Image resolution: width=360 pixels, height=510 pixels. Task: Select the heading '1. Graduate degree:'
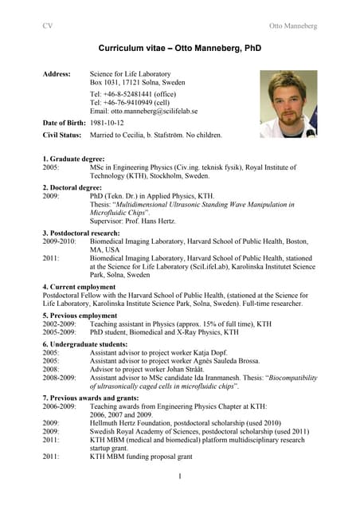(73, 159)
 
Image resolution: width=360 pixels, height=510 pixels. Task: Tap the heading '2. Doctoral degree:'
(73, 186)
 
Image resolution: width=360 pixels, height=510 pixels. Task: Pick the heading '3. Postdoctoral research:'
(81, 232)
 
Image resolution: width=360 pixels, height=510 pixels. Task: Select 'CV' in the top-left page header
(47, 25)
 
